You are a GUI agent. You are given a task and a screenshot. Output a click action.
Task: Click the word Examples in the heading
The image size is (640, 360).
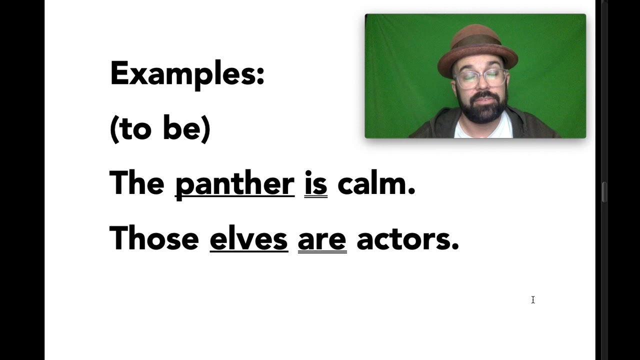tap(183, 73)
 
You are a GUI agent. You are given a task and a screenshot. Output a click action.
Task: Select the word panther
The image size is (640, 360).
tap(234, 183)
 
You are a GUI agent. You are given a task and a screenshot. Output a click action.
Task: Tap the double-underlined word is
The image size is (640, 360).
tap(315, 183)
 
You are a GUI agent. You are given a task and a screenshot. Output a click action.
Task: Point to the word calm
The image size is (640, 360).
tap(373, 183)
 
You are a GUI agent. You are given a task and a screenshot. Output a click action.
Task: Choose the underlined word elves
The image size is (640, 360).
tap(248, 238)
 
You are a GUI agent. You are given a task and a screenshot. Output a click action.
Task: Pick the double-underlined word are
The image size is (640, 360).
tap(322, 239)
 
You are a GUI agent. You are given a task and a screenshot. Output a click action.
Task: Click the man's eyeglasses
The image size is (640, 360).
tap(479, 78)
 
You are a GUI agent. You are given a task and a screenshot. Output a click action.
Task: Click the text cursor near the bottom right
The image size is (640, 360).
tap(533, 299)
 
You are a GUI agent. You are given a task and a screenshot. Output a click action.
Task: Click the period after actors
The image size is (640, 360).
tap(455, 246)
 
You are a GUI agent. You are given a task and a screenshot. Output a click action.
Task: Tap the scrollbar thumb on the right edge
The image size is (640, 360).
tap(604, 192)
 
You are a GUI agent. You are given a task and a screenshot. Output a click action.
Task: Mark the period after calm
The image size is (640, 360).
tap(412, 192)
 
